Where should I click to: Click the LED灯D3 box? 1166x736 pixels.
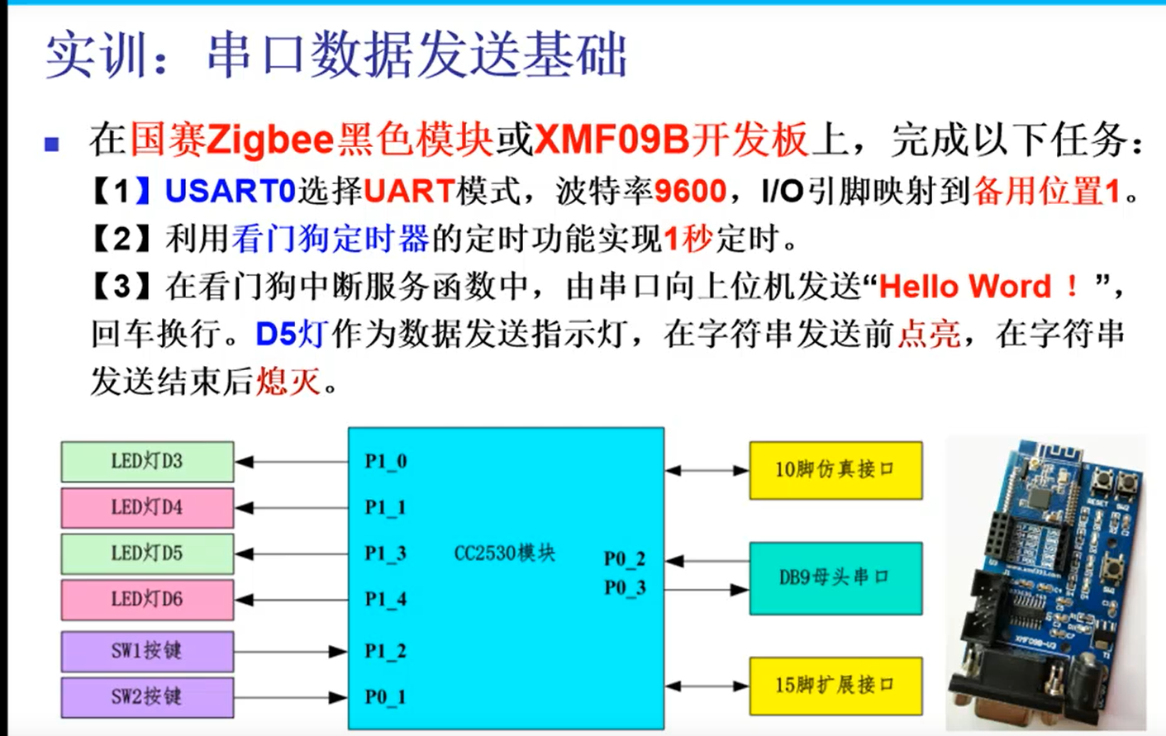[x=147, y=461]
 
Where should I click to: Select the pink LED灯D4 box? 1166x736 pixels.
[x=147, y=507]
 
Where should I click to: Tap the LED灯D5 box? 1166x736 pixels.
[x=147, y=553]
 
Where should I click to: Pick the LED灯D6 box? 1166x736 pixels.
[x=147, y=600]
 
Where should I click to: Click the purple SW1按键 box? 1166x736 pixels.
[x=147, y=651]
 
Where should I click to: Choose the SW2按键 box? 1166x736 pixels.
[x=147, y=697]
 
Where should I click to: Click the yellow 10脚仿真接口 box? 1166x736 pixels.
[x=835, y=470]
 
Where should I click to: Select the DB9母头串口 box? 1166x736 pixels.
[x=835, y=577]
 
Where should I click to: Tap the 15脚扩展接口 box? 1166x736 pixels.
[x=835, y=685]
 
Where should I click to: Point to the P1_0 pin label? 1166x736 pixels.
[x=386, y=461]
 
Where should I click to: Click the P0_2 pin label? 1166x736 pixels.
[x=625, y=559]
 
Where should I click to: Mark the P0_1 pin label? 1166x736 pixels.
[x=386, y=697]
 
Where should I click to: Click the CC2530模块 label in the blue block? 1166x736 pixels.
[x=505, y=553]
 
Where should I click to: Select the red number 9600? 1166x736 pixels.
[x=690, y=192]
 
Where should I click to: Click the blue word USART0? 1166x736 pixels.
[x=231, y=192]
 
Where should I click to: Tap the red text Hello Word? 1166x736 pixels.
[x=965, y=287]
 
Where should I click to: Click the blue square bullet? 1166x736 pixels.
[x=52, y=145]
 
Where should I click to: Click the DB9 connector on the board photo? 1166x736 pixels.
[x=1012, y=690]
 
